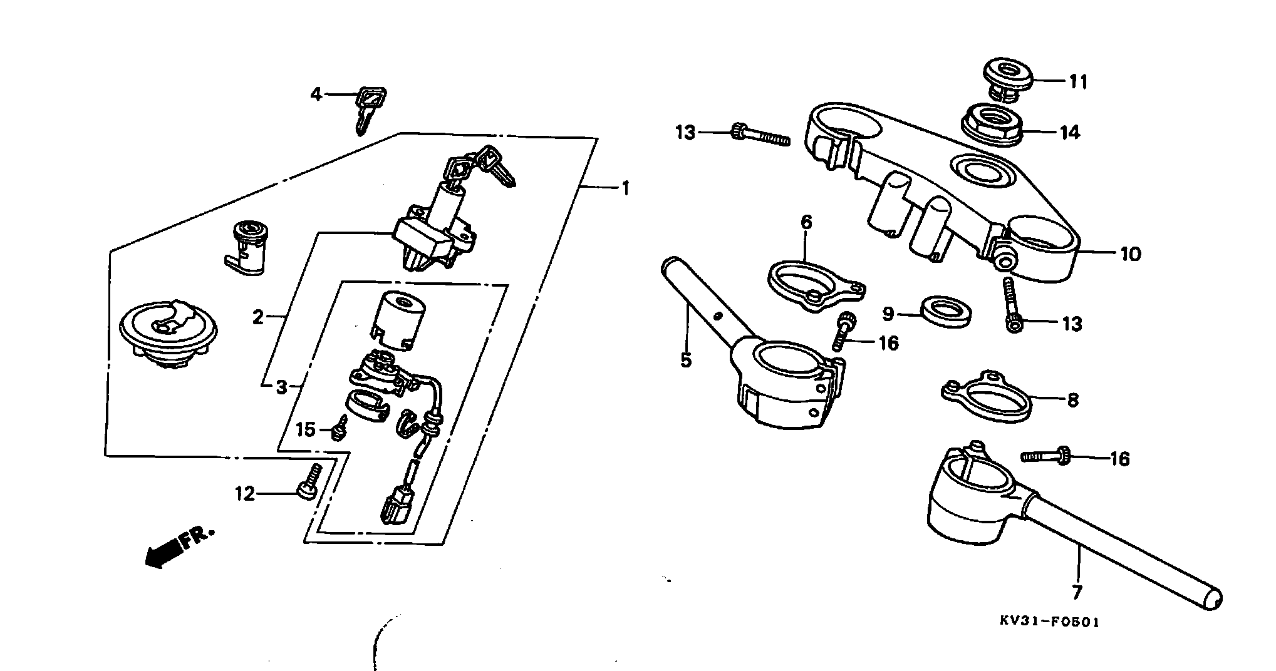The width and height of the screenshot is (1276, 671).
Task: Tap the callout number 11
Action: [x=1079, y=81]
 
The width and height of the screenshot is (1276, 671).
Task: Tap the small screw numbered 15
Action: [x=340, y=429]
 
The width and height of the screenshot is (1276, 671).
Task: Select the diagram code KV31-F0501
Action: [x=1049, y=622]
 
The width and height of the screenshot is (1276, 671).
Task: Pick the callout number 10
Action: [x=1131, y=254]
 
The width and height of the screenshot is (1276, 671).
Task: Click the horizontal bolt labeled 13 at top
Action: [x=760, y=135]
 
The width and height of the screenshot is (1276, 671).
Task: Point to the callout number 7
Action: [x=1077, y=592]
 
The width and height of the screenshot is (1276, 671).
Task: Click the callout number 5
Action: [x=686, y=360]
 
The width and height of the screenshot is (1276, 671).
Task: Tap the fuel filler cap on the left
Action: [x=168, y=333]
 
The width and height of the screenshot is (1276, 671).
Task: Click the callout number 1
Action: [x=624, y=188]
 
